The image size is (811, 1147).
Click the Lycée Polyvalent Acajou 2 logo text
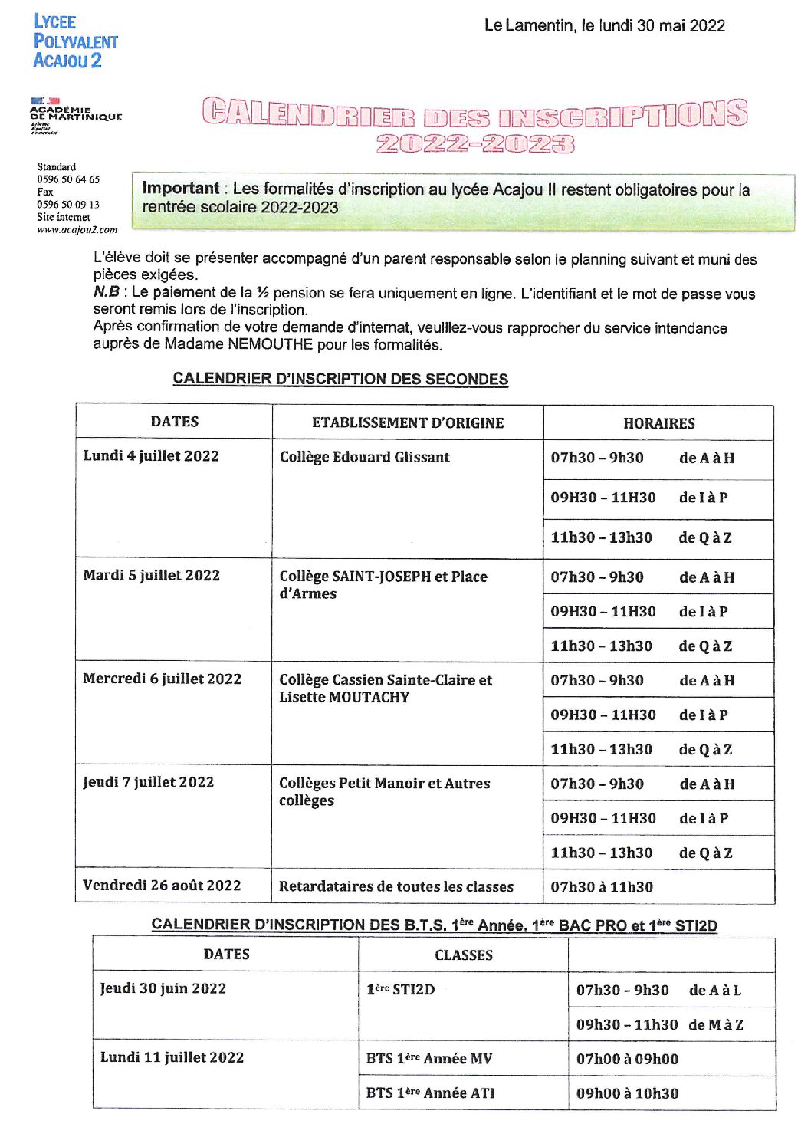[x=75, y=41]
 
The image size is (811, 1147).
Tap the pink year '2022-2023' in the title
[x=474, y=143]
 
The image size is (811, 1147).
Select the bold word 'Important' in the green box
[x=181, y=188]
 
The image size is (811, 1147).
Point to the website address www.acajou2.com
[x=77, y=229]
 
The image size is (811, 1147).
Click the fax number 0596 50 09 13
[x=68, y=205]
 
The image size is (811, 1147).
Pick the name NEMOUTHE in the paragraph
[x=271, y=345]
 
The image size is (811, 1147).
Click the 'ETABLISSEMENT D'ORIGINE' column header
[x=408, y=422]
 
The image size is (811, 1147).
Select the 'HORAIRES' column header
[x=658, y=423]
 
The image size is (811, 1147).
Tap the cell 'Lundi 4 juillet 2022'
[x=151, y=456]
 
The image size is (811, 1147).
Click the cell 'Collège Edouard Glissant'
[x=364, y=457]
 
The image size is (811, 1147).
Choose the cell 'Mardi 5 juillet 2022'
[x=151, y=576]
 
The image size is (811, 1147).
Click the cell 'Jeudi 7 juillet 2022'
[x=148, y=782]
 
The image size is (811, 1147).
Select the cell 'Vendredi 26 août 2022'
[x=162, y=886]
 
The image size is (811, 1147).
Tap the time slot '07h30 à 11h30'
[x=602, y=887]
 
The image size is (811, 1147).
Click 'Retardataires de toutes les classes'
[x=396, y=886]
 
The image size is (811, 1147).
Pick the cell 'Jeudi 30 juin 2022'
[x=163, y=988]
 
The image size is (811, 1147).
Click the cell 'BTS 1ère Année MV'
[x=428, y=1059]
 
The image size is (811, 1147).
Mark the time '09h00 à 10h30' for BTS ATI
[x=627, y=1093]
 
